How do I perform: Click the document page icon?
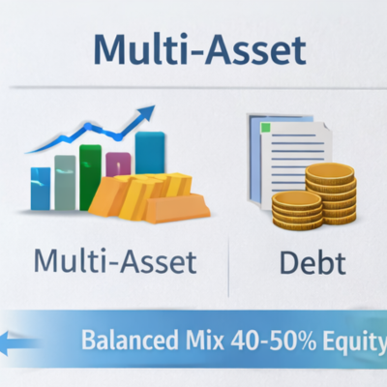pos(281,155)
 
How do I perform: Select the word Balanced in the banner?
pos(123,342)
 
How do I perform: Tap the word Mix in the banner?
pos(196,342)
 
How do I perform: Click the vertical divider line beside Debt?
pos(227,266)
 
